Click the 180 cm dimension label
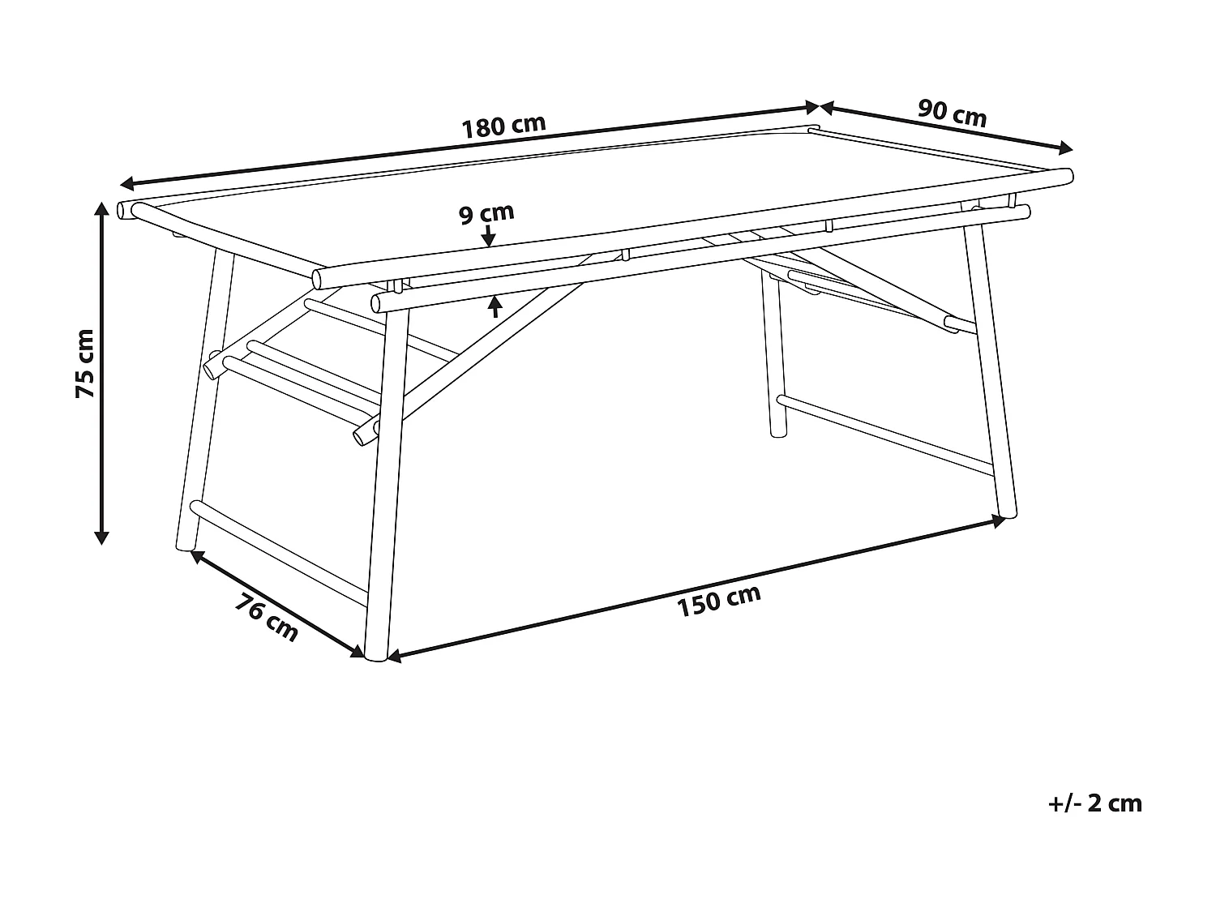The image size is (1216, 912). pyautogui.click(x=503, y=126)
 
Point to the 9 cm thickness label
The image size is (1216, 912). pyautogui.click(x=486, y=214)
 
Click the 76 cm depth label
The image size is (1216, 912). pyautogui.click(x=267, y=618)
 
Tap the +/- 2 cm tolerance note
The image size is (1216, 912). pyautogui.click(x=1094, y=803)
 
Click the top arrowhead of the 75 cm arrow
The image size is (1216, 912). pyautogui.click(x=101, y=208)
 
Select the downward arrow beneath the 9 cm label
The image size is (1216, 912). pyautogui.click(x=488, y=237)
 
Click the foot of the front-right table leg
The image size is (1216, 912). pyautogui.click(x=1005, y=512)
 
